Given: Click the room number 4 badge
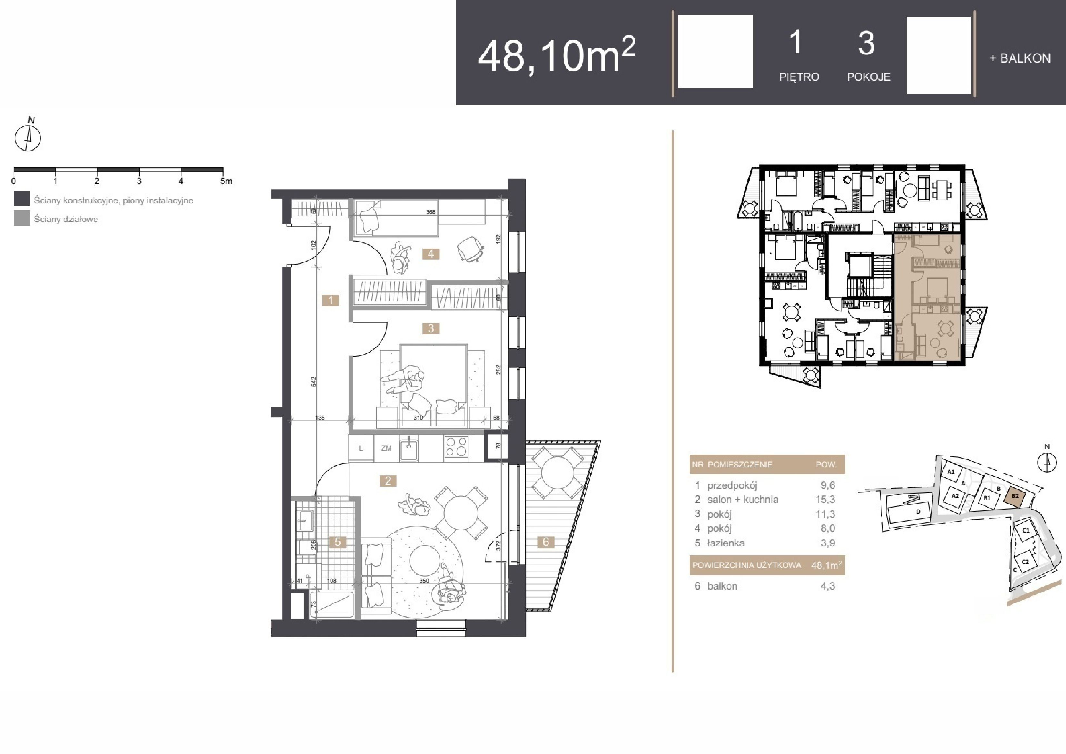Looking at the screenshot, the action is pos(431,254).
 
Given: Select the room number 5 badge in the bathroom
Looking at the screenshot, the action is pos(338,542).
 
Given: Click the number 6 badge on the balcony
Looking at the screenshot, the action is pos(546,542).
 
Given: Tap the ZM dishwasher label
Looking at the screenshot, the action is pos(386,448).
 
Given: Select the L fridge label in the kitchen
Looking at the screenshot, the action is pos(361,448).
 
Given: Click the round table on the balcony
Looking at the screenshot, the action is pos(557,473).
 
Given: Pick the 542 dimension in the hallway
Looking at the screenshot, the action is pos(314,382).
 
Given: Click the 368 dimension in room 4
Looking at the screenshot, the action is pos(431,212).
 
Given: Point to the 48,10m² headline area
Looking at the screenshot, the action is pos(557,55).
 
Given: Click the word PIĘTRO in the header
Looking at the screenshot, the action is pos(799,77).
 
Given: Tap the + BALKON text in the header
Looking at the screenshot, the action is pos(1020,58).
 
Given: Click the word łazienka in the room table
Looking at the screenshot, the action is pos(726,543).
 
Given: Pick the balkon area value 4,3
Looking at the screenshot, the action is pos(827,586).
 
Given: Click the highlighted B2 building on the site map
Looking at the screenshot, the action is pos(1015,496).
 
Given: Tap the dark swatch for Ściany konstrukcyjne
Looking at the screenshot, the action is pos(22,199).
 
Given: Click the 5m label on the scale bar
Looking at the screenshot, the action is pos(226,181).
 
